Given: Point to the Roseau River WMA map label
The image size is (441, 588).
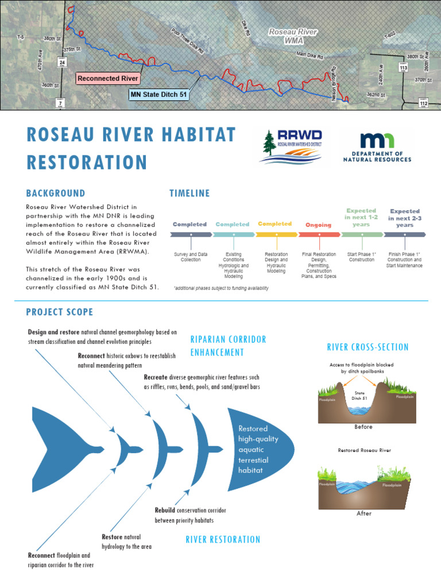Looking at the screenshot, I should click(293, 36).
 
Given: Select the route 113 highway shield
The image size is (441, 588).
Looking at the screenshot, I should click(403, 67).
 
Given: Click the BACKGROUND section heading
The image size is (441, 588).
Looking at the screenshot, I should click(55, 194).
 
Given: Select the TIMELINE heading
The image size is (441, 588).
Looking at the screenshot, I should click(189, 194).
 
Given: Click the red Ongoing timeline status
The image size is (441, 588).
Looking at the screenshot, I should click(319, 225).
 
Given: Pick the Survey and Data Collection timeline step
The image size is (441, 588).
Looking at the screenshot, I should click(190, 256).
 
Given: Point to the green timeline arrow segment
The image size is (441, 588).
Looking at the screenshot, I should click(362, 235).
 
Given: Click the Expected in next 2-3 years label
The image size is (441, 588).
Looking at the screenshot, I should click(405, 218).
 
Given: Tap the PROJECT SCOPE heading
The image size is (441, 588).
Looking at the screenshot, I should click(59, 312).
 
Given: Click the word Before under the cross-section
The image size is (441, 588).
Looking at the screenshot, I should click(363, 427).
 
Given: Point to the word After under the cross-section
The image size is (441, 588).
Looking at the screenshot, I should click(364, 513).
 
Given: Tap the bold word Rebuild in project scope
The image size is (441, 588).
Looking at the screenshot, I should click(164, 510).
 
